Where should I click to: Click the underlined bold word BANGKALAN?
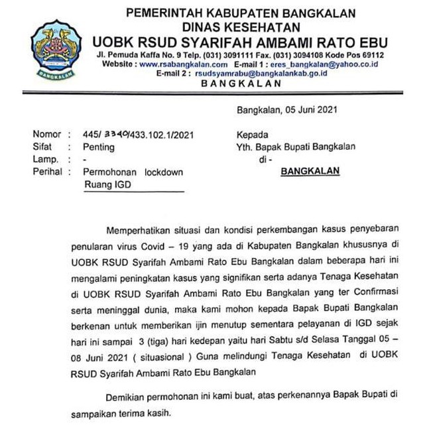point(310,171)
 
